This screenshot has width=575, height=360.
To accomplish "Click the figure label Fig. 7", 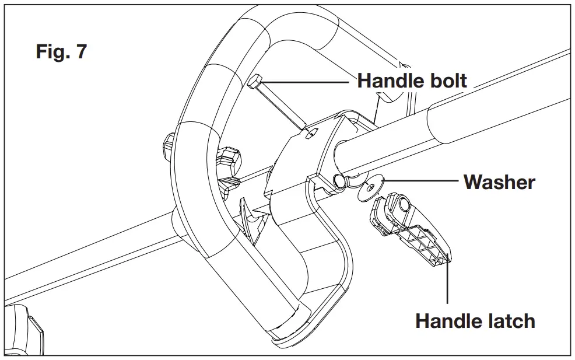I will [61, 51].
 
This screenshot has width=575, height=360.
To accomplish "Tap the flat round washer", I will [369, 188].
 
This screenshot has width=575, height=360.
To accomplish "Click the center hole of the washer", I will [369, 188].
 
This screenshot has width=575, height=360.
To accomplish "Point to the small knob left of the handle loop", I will [168, 143].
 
